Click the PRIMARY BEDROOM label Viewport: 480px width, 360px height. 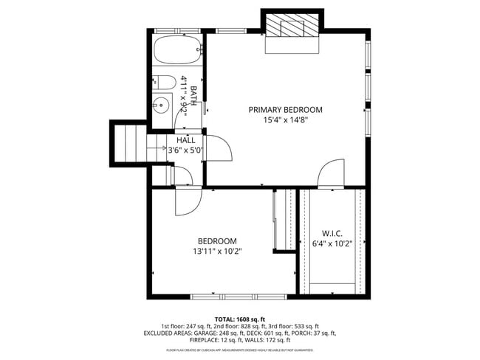(x=285, y=110)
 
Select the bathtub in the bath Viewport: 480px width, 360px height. (x=177, y=51)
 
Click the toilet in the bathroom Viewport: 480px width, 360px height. (x=166, y=81)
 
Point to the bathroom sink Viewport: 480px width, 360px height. (x=162, y=104)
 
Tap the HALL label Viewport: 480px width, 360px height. (x=185, y=140)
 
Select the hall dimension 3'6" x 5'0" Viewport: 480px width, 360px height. (x=185, y=150)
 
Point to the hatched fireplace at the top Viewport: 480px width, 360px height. (x=292, y=27)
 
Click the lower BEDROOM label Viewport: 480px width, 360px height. (x=216, y=241)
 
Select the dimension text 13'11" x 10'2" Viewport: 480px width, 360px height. (x=216, y=252)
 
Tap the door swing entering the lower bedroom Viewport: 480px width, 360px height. (x=187, y=201)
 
